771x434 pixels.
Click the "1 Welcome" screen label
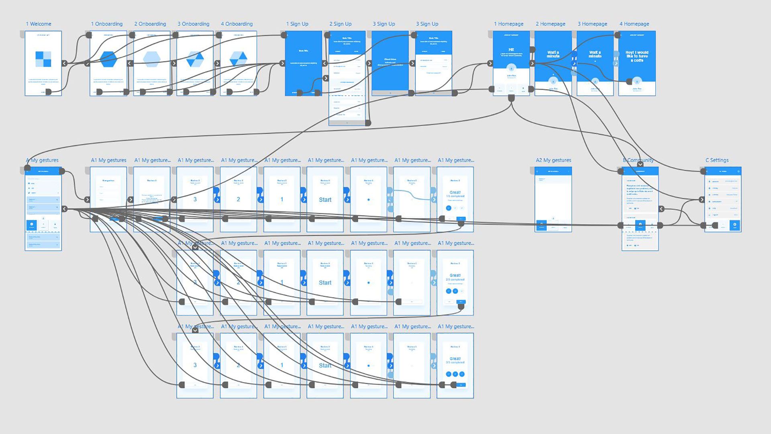click(39, 24)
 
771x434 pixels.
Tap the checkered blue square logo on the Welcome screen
click(43, 59)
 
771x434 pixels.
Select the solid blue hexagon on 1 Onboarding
click(108, 59)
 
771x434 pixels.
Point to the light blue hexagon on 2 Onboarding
click(152, 59)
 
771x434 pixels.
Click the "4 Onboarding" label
click(237, 24)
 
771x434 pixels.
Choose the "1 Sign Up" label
click(297, 24)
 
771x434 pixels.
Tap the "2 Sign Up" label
click(341, 24)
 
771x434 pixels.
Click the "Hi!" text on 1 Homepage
click(511, 50)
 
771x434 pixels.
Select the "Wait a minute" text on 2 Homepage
click(553, 54)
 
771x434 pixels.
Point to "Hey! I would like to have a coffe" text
click(637, 56)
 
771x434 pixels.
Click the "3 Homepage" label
click(592, 24)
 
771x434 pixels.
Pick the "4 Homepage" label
click(634, 24)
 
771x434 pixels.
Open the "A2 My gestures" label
click(553, 160)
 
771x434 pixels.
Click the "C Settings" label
click(717, 160)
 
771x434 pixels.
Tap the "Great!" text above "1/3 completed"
click(455, 192)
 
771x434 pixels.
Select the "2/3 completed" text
click(455, 280)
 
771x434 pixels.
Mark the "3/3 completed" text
click(455, 362)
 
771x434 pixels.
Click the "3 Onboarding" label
click(194, 24)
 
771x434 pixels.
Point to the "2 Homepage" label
click(551, 24)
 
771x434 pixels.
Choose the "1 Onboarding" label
click(107, 24)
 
